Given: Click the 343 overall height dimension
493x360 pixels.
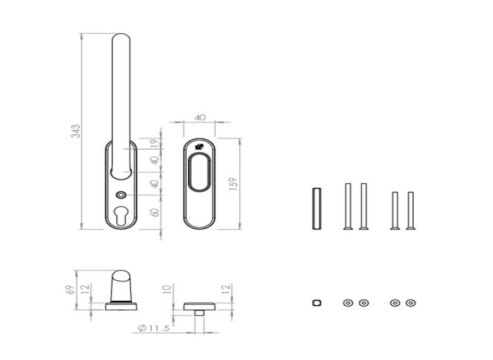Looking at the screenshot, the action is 76,131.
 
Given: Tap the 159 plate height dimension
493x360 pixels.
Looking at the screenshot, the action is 234,184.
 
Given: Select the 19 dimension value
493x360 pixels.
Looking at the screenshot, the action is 155,143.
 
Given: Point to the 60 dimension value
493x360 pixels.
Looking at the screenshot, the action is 155,212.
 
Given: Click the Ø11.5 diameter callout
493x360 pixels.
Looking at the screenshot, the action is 154,328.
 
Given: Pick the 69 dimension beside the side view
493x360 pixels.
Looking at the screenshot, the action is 71,290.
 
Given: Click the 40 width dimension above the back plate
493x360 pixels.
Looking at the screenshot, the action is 200,117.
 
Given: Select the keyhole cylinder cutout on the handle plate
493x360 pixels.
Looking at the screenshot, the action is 121,215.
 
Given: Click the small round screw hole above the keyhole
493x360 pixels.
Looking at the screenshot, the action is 121,196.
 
